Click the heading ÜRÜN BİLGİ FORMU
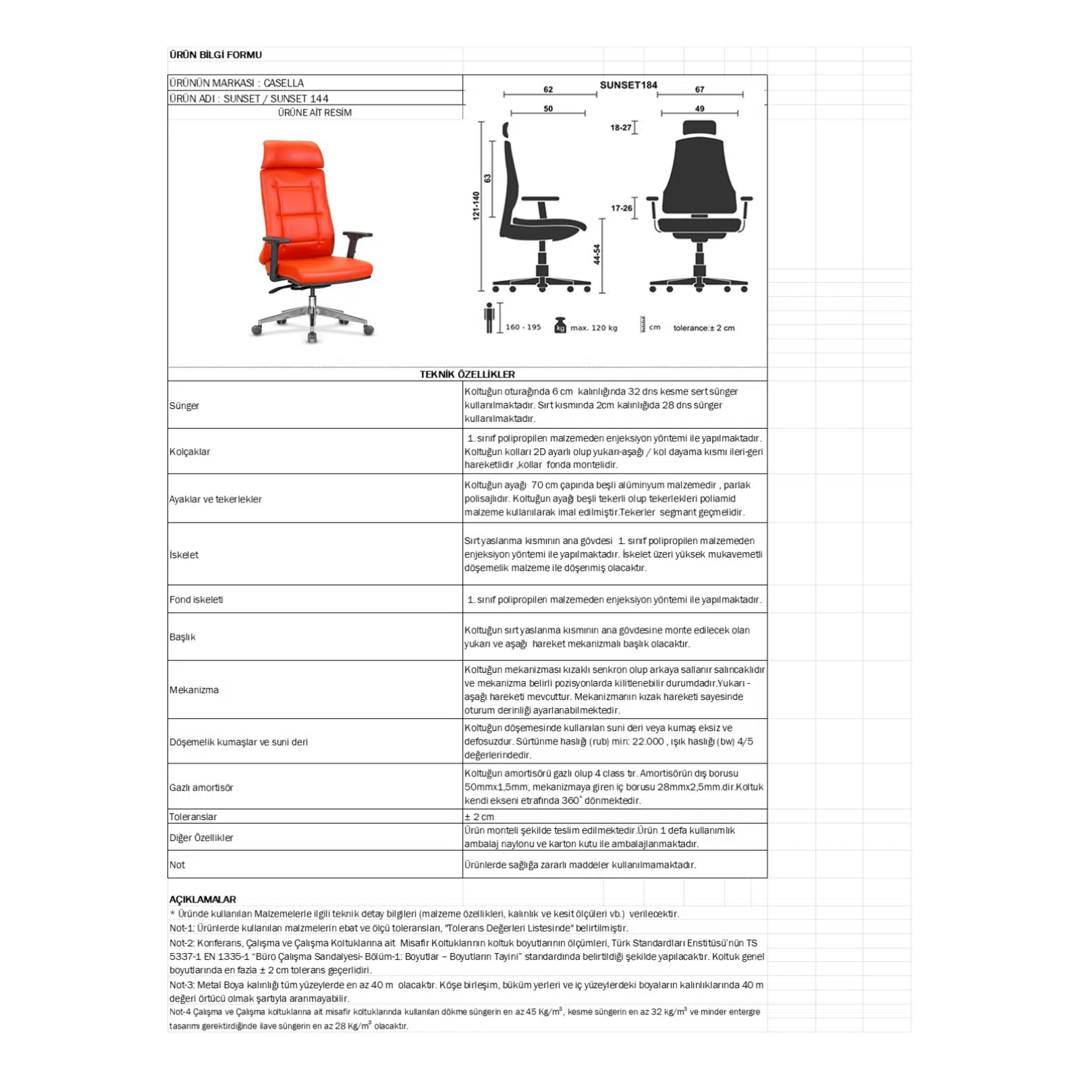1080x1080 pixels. click(x=215, y=55)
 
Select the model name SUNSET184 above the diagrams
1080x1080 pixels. click(x=628, y=85)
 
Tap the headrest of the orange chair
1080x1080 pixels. click(x=292, y=155)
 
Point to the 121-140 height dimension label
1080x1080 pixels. click(x=476, y=205)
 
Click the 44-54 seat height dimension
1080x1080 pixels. click(x=597, y=254)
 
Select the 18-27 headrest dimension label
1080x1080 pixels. click(x=620, y=128)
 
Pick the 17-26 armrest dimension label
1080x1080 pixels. click(x=621, y=208)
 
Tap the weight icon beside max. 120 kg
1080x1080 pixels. click(x=560, y=325)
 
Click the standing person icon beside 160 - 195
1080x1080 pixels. click(x=489, y=317)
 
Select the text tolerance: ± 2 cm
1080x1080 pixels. click(x=703, y=328)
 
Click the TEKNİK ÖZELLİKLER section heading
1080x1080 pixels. click(x=467, y=375)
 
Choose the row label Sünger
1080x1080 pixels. click(x=184, y=406)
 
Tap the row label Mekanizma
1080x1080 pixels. click(x=194, y=690)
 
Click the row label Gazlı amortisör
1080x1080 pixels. click(x=201, y=788)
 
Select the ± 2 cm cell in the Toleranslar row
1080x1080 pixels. click(x=479, y=817)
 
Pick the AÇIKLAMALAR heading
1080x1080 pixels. click(x=202, y=899)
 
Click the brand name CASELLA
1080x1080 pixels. click(x=283, y=83)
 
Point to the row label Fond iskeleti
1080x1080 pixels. click(x=196, y=599)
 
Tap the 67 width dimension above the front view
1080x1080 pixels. click(x=699, y=89)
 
